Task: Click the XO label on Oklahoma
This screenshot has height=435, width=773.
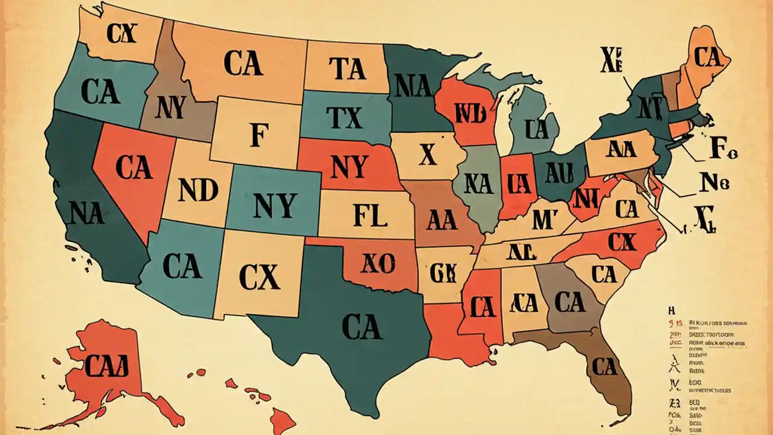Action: click(x=377, y=263)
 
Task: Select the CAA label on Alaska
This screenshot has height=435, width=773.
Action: click(x=107, y=366)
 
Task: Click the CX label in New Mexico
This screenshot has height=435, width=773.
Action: click(x=259, y=277)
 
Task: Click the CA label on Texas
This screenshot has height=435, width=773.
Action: click(x=362, y=327)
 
